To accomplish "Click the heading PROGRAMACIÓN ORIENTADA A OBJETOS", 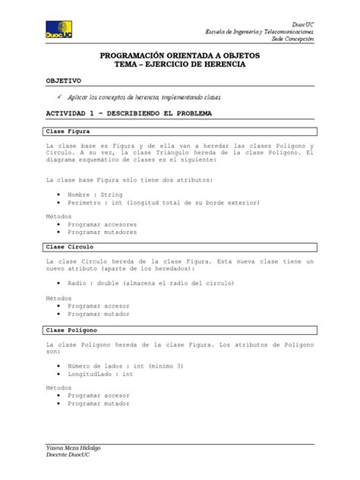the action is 179,56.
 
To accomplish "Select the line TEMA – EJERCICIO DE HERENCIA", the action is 179,66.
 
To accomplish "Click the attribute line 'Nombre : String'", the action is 94,194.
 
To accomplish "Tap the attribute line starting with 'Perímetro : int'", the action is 163,203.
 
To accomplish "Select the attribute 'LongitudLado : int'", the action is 100,375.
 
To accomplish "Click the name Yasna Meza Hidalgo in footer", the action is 74,449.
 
